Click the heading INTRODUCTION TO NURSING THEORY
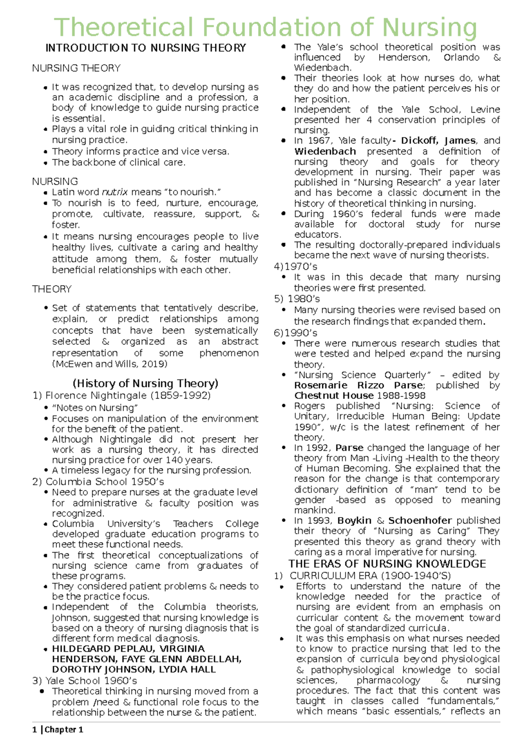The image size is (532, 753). pyautogui.click(x=145, y=48)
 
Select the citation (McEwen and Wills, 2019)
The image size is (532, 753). pyautogui.click(x=110, y=364)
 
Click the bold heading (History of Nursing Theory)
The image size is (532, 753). pyautogui.click(x=145, y=383)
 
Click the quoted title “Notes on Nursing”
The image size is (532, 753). pyautogui.click(x=95, y=408)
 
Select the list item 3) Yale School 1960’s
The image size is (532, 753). pyautogui.click(x=84, y=681)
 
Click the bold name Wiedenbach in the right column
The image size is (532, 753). pyautogui.click(x=325, y=151)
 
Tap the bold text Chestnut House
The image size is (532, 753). pyautogui.click(x=334, y=396)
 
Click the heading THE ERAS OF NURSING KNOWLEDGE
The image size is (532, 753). pyautogui.click(x=387, y=564)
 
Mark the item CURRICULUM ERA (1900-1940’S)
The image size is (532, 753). pyautogui.click(x=370, y=576)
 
